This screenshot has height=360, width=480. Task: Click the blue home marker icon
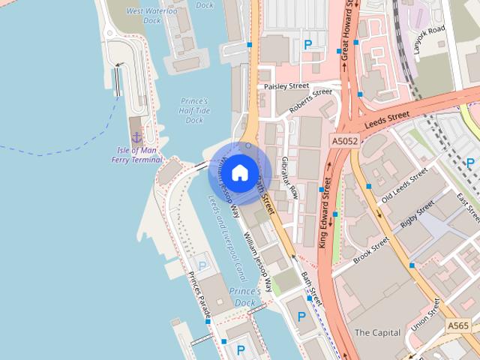coord(239,172)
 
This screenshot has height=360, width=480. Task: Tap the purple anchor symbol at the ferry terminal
coord(136,136)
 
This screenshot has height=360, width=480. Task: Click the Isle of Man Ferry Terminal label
coord(136,154)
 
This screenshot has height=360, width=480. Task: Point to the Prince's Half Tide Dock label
coord(193,110)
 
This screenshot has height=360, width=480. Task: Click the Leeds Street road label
coord(387,120)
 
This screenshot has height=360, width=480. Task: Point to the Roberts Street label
coord(310,101)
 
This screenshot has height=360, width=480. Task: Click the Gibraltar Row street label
coord(287,177)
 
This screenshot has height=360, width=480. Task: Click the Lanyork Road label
coord(430,43)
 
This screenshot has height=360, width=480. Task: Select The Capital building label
coord(377,332)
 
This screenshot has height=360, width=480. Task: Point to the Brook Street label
coord(372,250)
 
